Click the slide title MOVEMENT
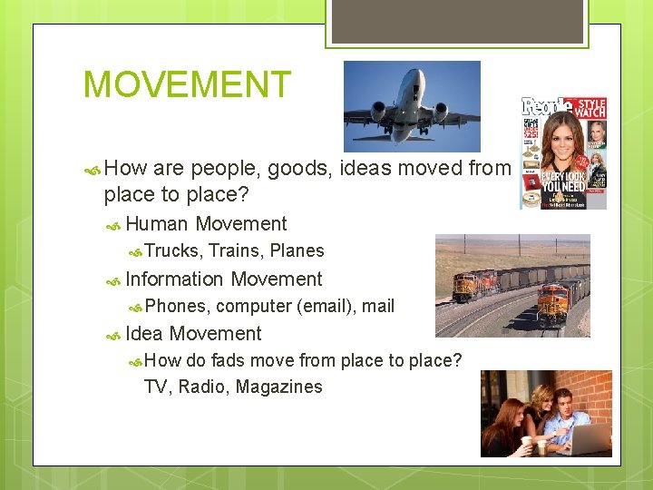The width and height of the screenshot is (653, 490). [187, 84]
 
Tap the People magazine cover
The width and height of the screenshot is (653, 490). [562, 152]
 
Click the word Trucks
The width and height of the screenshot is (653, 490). [173, 251]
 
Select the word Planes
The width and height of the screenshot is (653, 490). [297, 251]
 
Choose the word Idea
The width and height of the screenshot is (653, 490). [144, 334]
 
